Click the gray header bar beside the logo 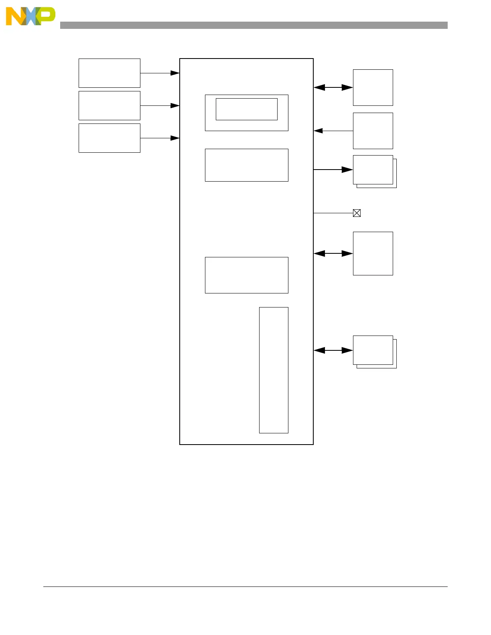pos(254,25)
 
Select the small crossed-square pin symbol pos(357,213)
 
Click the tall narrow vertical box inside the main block pos(274,370)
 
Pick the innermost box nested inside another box pos(246,109)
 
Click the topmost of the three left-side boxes pos(109,73)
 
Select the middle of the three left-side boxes pos(109,105)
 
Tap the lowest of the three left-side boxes pos(109,138)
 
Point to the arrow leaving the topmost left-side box pos(160,73)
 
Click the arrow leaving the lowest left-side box pos(160,138)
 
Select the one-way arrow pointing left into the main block pos(333,131)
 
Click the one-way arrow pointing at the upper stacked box pos(333,170)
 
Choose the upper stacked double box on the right pos(373,170)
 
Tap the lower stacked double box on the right pos(373,350)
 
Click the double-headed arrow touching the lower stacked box pos(333,350)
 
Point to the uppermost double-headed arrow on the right pos(333,87)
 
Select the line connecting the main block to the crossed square pos(333,213)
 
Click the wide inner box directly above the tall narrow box pos(246,275)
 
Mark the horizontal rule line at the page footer pos(245,587)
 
